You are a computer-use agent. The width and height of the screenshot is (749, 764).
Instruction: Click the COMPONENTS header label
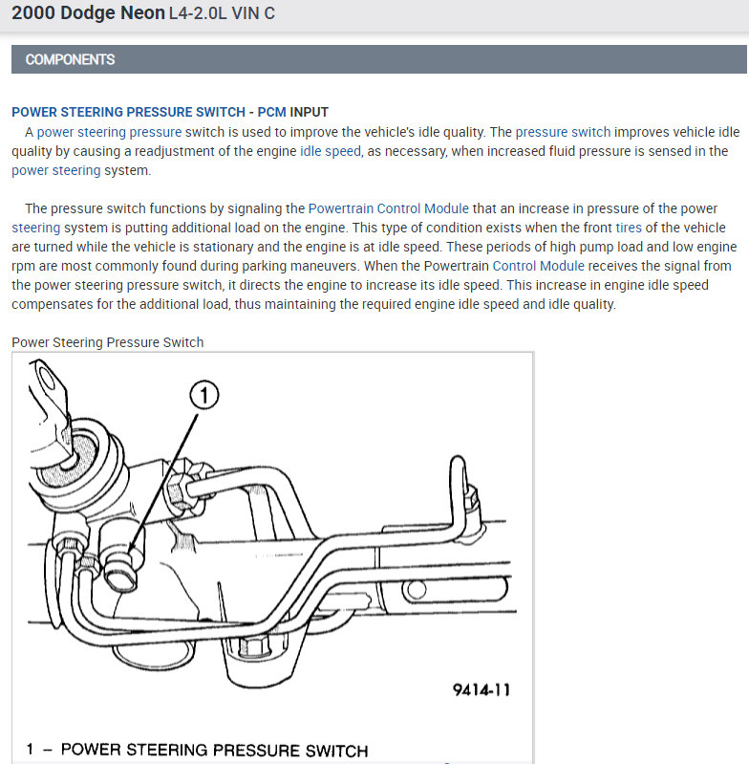(70, 59)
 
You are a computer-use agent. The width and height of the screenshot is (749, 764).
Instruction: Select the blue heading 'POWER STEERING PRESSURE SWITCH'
(128, 113)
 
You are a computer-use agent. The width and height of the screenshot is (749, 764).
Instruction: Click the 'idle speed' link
(331, 151)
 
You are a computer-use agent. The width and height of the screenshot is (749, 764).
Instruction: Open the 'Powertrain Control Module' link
(388, 208)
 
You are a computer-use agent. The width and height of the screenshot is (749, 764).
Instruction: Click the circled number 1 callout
(204, 394)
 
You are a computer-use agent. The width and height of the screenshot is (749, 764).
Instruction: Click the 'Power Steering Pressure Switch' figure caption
(107, 341)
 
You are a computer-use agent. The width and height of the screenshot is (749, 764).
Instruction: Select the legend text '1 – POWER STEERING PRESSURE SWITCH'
(197, 750)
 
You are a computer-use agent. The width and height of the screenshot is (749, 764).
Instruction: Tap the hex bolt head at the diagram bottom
(252, 648)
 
